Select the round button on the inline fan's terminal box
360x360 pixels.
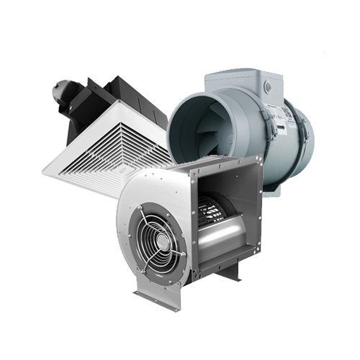tap(269, 86)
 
